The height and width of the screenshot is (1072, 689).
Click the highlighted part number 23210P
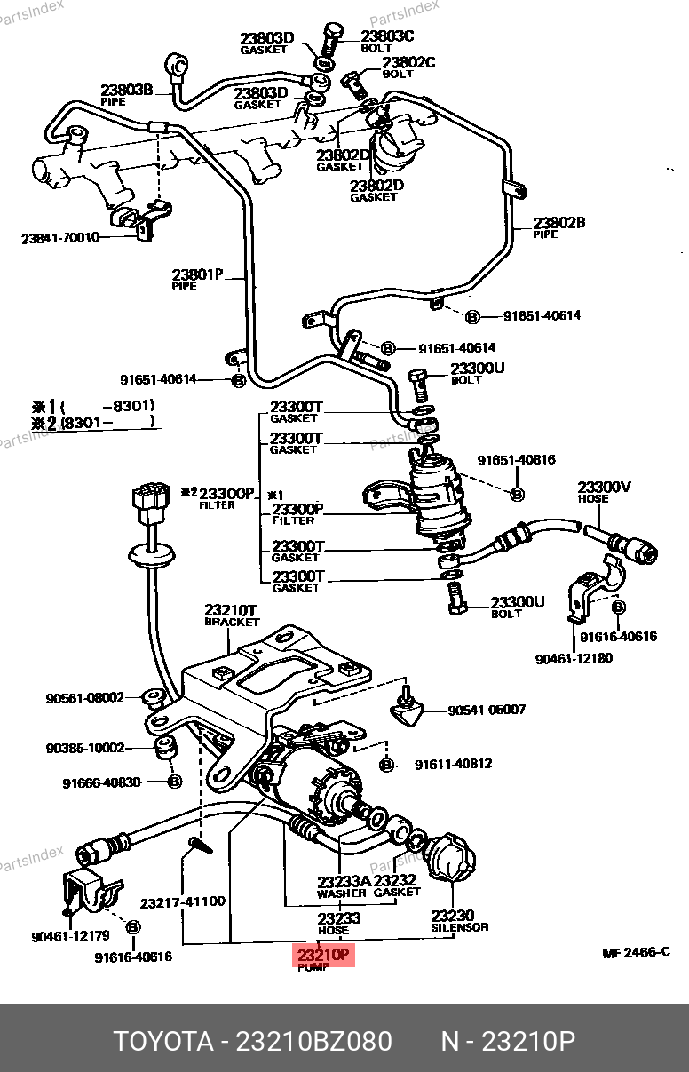click(x=324, y=956)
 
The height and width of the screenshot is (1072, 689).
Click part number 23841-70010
click(x=60, y=238)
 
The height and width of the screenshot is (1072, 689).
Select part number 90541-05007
click(x=486, y=710)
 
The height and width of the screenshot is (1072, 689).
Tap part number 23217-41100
click(x=182, y=901)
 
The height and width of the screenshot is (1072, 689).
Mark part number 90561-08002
click(x=85, y=698)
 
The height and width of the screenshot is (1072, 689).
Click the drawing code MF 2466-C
click(x=635, y=953)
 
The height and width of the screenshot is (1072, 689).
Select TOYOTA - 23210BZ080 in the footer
click(x=252, y=1041)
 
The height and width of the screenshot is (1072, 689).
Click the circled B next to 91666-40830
click(x=175, y=782)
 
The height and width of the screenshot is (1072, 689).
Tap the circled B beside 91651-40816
click(x=519, y=494)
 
